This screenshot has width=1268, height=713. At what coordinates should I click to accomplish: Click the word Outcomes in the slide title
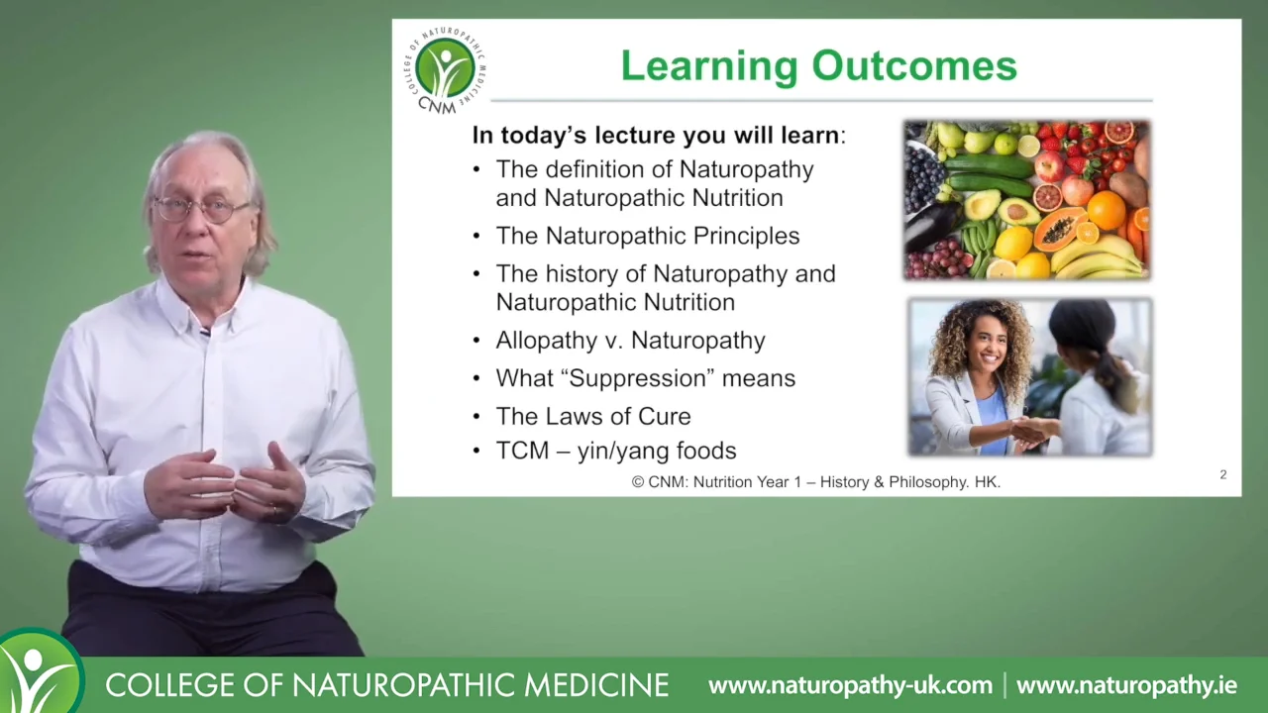coord(914,66)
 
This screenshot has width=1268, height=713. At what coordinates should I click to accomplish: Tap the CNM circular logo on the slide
coord(445,69)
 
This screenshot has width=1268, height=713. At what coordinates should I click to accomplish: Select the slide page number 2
coord(1223,474)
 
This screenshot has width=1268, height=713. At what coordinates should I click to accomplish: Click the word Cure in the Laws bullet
coord(664,417)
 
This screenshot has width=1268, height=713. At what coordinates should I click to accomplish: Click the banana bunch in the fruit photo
coord(1099,258)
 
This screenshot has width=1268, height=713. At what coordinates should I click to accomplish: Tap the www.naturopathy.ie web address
coord(1126,685)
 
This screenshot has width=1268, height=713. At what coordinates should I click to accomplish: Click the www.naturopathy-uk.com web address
coord(850,685)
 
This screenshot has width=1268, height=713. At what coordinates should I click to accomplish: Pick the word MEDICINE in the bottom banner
coord(596,684)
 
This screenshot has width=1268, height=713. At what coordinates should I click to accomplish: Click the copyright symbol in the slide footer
coord(638,482)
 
